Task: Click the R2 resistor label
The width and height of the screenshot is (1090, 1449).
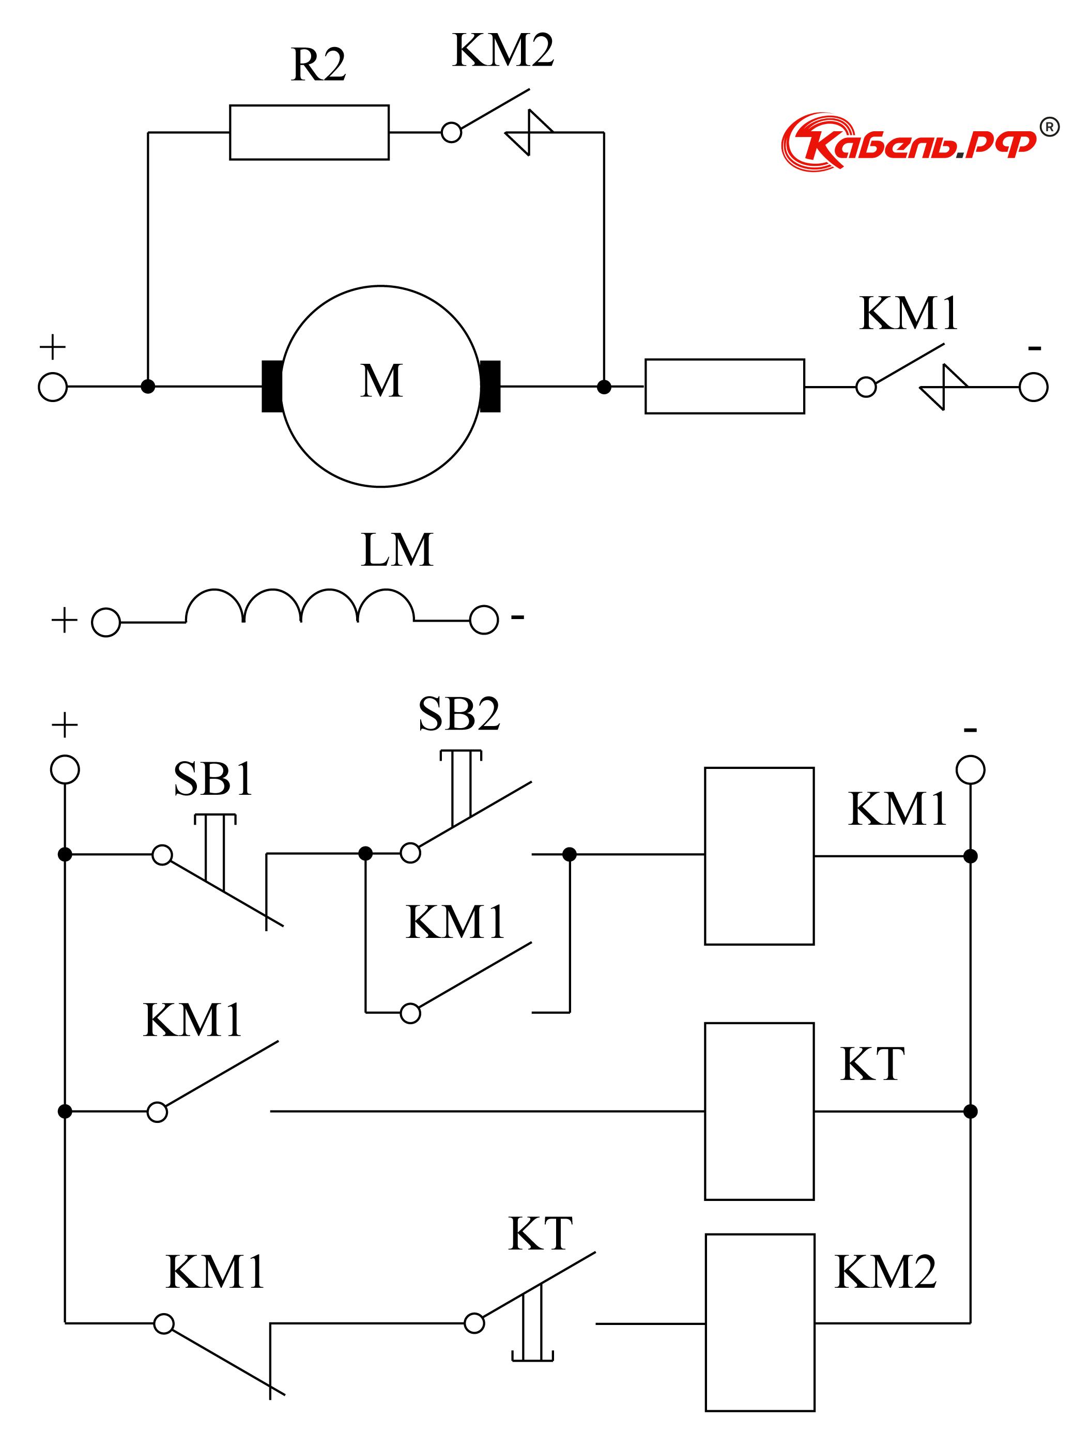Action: coord(318,66)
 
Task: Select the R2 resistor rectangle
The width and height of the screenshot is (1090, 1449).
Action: coord(309,132)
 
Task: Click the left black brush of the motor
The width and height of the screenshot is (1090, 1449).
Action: coord(272,387)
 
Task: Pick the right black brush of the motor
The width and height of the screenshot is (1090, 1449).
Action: coord(490,387)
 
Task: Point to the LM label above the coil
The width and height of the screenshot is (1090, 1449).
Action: coord(397,550)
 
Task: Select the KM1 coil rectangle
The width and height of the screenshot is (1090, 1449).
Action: coord(759,856)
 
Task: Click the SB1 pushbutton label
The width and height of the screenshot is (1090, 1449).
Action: coord(213,779)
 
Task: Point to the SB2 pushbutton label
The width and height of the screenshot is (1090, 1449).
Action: coord(459,714)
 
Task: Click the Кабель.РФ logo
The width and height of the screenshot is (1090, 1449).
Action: coord(911,142)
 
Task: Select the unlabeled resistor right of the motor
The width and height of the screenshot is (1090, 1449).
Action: coord(725,387)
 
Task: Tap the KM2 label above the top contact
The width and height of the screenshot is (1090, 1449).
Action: coord(503,51)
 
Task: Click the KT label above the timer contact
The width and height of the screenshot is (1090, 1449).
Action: coord(541,1234)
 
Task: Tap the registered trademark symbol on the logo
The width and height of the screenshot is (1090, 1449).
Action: coord(1049,127)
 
